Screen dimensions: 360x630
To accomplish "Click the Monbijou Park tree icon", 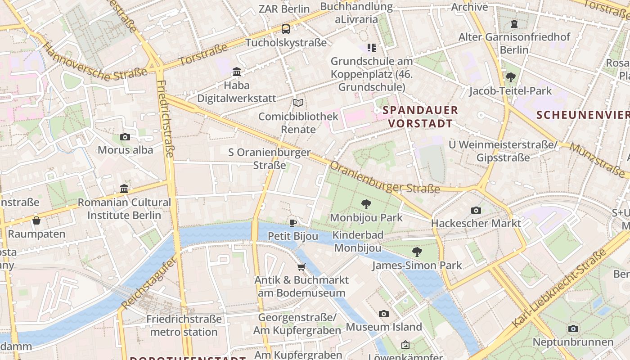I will (366, 204).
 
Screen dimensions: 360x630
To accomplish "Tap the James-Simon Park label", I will (417, 265).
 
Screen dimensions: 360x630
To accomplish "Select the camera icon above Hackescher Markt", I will (476, 210).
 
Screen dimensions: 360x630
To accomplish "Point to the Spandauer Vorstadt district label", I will (420, 117).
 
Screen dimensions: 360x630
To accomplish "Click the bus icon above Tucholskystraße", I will (286, 29).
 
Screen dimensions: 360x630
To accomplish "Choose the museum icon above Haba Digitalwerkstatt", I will (237, 72).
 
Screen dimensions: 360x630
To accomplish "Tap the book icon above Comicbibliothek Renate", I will (298, 103).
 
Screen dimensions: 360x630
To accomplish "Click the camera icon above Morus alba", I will (125, 137).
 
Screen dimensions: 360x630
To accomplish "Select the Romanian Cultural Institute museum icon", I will (124, 189).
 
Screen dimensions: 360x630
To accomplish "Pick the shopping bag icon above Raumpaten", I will (36, 220).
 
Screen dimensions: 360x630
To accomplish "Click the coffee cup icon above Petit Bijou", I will (293, 223).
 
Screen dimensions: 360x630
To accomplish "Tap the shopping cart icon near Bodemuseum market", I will (301, 267).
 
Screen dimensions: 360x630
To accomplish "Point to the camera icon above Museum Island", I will (383, 314).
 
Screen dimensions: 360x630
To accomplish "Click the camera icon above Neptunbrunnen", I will (573, 329).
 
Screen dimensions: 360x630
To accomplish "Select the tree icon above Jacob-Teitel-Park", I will (510, 77).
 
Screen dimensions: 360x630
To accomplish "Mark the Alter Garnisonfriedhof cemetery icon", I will (514, 24).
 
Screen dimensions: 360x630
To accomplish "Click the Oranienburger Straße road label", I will (384, 178).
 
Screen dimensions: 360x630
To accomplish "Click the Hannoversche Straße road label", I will (95, 63).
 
